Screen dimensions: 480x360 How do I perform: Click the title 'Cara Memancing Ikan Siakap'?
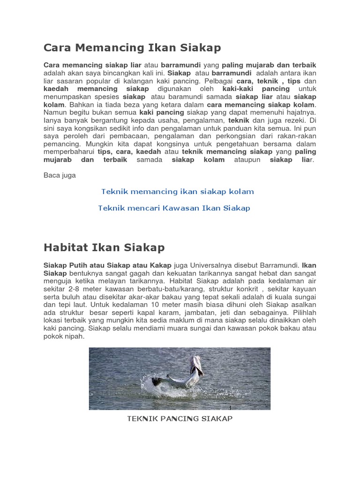coord(132,47)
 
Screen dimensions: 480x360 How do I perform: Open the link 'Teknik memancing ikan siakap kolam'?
coord(177,191)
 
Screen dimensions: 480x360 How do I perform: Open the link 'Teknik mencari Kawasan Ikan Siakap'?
coord(174,208)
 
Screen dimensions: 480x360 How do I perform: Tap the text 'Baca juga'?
coord(60,175)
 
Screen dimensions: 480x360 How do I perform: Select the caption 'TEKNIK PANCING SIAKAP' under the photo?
coord(180,418)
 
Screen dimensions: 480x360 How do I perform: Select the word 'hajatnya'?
coord(299,112)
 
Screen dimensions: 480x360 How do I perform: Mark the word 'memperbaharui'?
coord(68,152)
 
